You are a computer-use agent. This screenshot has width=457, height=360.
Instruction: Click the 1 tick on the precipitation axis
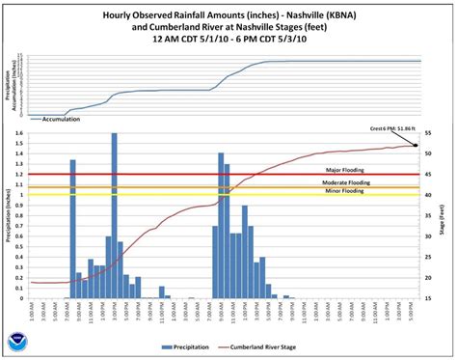23,194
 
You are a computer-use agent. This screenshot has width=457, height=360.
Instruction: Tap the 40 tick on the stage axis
428,195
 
